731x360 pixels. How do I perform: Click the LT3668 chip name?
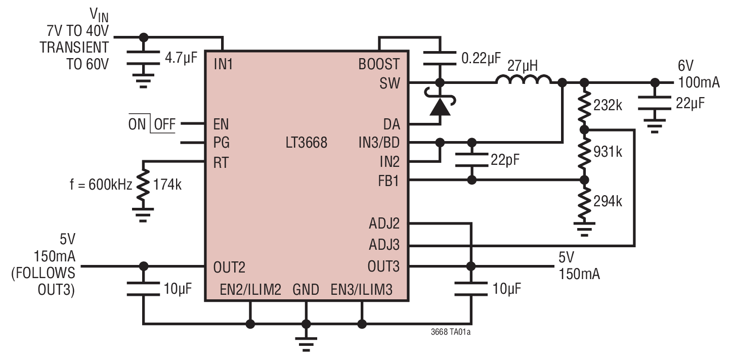(x=306, y=143)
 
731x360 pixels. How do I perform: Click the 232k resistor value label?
(x=609, y=106)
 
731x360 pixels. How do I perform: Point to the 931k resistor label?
(x=609, y=152)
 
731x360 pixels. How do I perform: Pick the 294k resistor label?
(x=609, y=201)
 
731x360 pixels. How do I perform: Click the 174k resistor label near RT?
(x=167, y=185)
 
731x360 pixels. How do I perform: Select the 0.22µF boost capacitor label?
(x=481, y=58)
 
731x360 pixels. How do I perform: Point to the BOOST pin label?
(x=378, y=65)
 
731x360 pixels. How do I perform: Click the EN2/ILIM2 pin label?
(x=250, y=290)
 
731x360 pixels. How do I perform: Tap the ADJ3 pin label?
(x=384, y=246)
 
